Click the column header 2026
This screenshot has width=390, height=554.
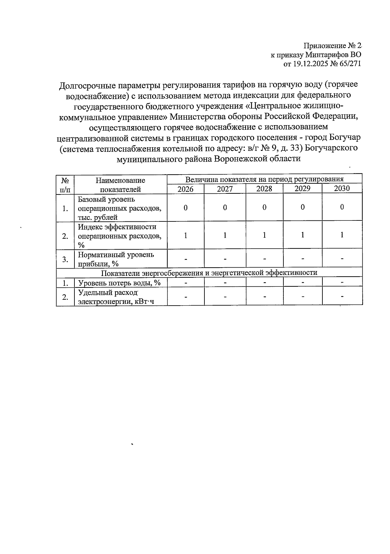pos(186,189)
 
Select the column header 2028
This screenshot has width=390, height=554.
pos(264,189)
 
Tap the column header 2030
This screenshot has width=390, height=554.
pos(342,188)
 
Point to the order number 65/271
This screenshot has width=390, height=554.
pos(350,64)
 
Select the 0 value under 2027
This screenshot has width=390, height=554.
pos(225,207)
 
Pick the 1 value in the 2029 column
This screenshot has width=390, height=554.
pos(303,235)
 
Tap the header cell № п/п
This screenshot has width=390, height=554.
pos(65,185)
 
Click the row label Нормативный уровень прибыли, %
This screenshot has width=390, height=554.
pos(116,259)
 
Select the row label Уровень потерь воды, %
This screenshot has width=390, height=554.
pos(119,283)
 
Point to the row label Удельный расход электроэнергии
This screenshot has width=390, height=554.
pos(116,297)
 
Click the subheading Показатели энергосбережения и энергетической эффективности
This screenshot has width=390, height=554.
pos(209,272)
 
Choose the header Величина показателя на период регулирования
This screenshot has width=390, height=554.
pos(264,179)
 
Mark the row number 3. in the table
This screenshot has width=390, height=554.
pos(65,259)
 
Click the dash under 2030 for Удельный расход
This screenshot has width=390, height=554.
pos(342,296)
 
